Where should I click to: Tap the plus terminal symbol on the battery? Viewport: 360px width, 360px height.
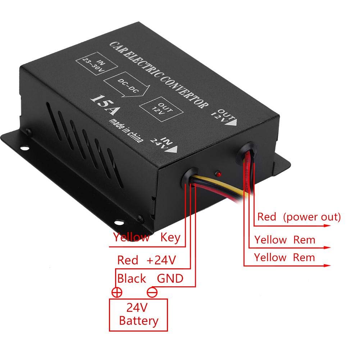pos(117,292)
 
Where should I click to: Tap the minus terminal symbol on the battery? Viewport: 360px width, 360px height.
pos(152,292)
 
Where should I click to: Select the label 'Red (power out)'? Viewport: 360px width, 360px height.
pos(299,217)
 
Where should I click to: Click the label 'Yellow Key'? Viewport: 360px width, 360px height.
pos(147,237)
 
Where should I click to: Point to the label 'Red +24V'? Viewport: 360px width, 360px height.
pos(146,260)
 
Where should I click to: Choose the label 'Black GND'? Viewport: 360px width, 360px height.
pos(150,278)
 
